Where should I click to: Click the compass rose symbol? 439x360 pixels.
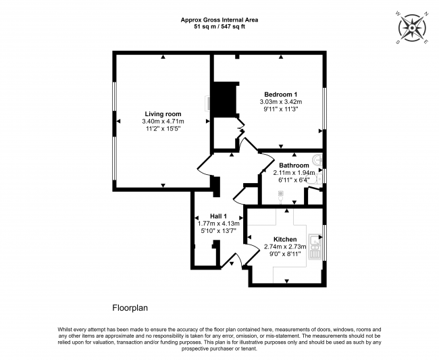[412, 28]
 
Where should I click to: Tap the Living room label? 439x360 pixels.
[163, 114]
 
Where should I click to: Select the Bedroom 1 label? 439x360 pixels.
[280, 95]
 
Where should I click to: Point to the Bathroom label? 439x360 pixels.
[294, 165]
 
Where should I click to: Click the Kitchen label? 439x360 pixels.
[285, 239]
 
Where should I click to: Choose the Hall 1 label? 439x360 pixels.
[218, 216]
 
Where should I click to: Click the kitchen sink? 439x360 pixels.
[315, 247]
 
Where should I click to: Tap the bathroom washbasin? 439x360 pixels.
[318, 160]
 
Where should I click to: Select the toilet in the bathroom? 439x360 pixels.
[316, 179]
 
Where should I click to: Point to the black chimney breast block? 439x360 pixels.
[224, 99]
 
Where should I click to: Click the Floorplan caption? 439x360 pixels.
[130, 308]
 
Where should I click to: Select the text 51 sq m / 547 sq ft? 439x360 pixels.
[219, 27]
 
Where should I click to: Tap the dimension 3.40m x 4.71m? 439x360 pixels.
[163, 121]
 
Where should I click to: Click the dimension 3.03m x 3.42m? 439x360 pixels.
[281, 101]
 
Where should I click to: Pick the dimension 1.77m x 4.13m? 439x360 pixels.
[218, 224]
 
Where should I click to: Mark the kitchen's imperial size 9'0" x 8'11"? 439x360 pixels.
[285, 254]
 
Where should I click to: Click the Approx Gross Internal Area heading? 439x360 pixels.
[219, 20]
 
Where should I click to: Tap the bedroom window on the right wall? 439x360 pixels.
[324, 109]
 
